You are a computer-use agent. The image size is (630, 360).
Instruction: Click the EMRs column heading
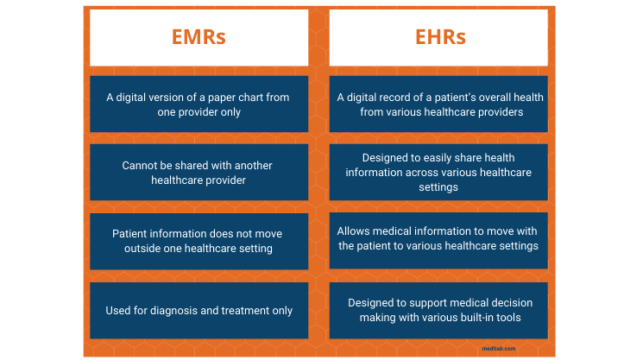pos(198,37)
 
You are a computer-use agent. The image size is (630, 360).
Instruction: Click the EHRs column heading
pos(438,37)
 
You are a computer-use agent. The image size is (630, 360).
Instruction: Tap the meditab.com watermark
pos(499,349)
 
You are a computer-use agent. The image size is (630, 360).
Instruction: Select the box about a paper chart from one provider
pos(198,104)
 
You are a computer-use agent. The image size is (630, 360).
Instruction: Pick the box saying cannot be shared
pos(198,172)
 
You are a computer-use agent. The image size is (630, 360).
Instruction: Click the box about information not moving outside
pos(198,241)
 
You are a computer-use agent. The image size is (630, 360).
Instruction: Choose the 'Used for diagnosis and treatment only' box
pos(198,310)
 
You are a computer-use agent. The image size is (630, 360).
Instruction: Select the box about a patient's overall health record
pos(438,104)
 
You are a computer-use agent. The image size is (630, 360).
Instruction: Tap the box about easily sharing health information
pos(438,172)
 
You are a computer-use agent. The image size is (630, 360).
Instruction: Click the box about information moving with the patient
pos(438,238)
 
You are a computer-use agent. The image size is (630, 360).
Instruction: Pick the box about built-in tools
pos(438,310)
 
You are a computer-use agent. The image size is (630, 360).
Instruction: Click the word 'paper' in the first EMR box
pos(214,97)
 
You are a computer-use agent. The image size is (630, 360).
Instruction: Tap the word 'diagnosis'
pos(183,310)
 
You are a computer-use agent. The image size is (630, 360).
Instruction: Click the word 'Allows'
pos(353,231)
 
